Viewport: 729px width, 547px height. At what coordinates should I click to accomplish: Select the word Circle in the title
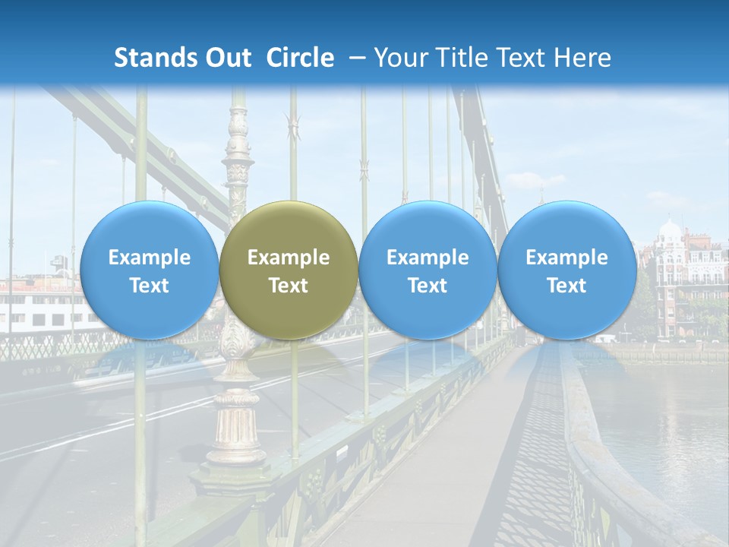[x=300, y=58]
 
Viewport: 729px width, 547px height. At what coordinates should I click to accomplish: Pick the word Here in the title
[x=583, y=58]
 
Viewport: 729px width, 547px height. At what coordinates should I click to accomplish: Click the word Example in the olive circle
[x=289, y=258]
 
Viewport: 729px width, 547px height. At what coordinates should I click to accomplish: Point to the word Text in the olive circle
[x=289, y=286]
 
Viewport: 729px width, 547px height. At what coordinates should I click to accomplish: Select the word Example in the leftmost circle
[x=150, y=258]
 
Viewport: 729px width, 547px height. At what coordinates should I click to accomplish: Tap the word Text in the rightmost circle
[x=566, y=286]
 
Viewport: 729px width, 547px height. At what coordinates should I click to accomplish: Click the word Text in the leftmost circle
[x=150, y=286]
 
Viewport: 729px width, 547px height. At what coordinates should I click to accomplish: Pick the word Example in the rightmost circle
[x=566, y=258]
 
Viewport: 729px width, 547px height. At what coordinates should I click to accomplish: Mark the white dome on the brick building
[x=671, y=229]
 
